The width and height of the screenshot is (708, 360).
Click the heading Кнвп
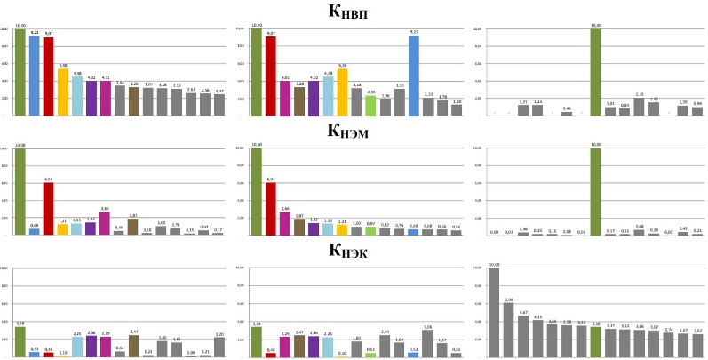point(353,12)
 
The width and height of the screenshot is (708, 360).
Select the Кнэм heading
point(353,133)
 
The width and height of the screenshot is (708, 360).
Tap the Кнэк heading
point(353,252)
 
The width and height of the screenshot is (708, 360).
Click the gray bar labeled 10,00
point(494,311)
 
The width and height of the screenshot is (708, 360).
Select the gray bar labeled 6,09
point(509,329)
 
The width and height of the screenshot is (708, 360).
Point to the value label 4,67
point(523,312)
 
